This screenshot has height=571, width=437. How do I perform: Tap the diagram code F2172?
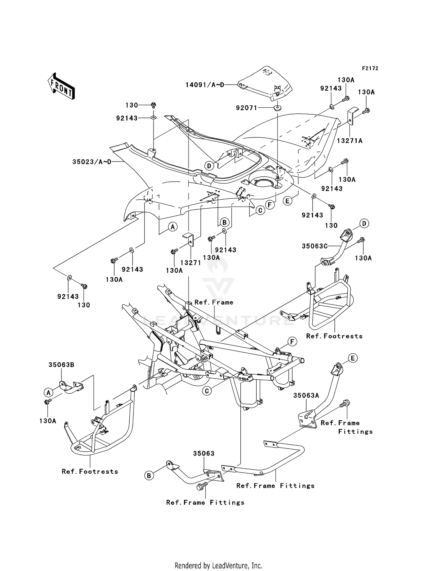click(x=370, y=68)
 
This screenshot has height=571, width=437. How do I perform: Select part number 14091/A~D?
click(x=205, y=85)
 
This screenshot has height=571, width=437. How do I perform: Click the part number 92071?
click(x=246, y=108)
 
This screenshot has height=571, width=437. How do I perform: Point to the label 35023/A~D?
click(x=92, y=162)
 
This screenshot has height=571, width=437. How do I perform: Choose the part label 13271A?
click(x=350, y=141)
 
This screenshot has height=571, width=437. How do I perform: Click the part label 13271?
click(x=191, y=263)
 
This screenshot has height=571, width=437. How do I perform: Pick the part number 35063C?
click(x=314, y=246)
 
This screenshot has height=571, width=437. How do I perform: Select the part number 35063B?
click(x=61, y=365)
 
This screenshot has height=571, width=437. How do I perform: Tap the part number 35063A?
click(x=306, y=396)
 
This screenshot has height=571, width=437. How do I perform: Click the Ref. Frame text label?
click(x=214, y=302)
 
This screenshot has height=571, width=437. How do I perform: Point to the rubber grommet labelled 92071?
click(x=277, y=108)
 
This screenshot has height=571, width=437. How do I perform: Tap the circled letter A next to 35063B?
click(x=48, y=393)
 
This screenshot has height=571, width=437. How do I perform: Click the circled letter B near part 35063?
click(x=149, y=476)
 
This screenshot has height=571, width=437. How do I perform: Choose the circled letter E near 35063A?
click(x=353, y=358)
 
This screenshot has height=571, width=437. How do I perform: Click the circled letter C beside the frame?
click(x=207, y=391)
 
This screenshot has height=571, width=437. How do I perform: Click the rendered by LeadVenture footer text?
click(x=218, y=565)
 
